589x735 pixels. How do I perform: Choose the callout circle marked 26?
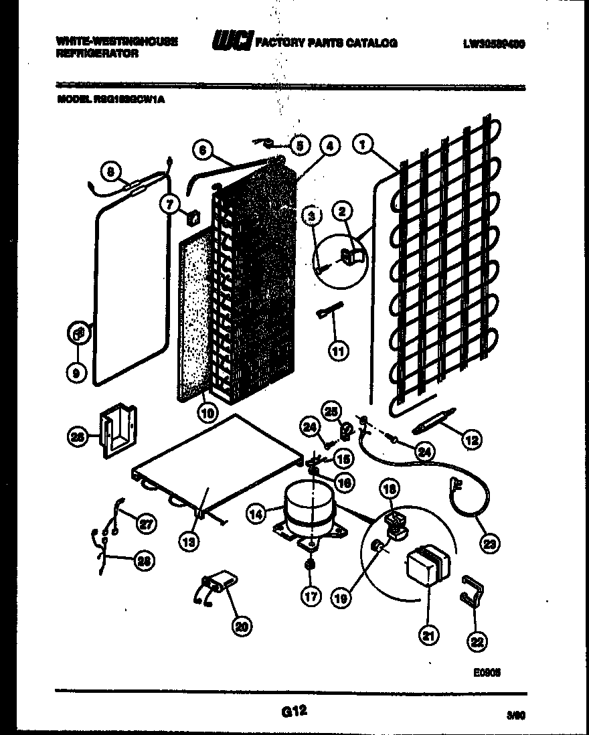point(78,438)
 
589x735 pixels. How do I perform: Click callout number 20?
point(241,626)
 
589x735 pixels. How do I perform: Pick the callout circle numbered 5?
point(299,145)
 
